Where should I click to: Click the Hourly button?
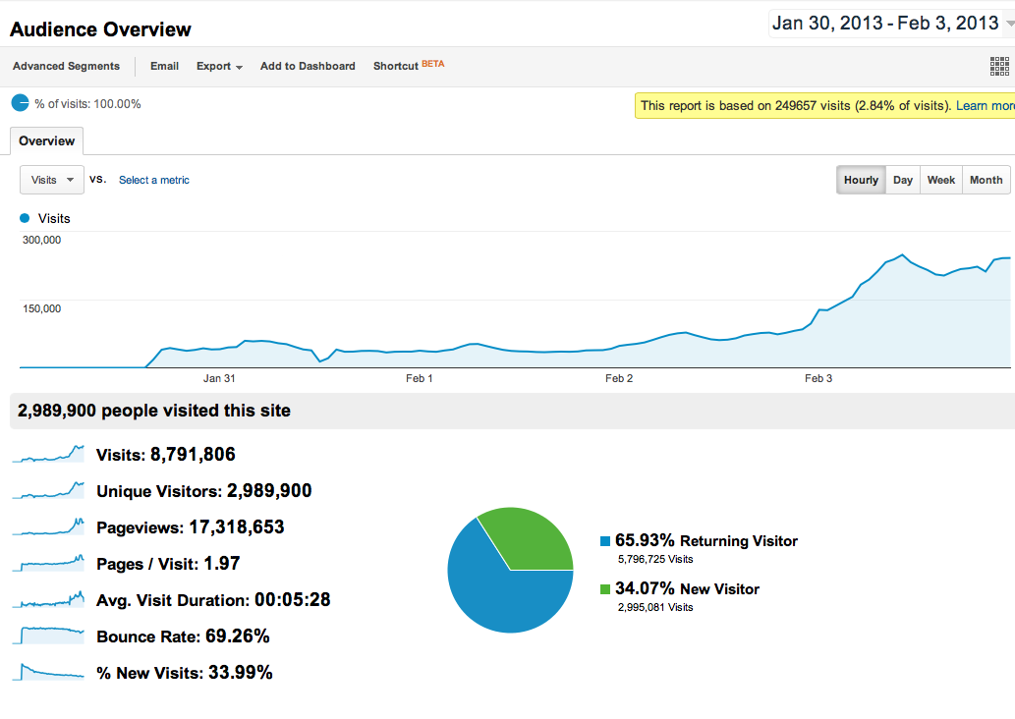click(861, 180)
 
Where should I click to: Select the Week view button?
click(940, 180)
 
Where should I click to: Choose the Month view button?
click(986, 180)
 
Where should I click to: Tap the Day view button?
click(902, 180)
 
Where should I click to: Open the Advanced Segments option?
click(66, 66)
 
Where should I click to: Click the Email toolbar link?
click(164, 66)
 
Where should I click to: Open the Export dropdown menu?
click(219, 66)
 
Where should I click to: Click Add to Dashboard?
click(308, 66)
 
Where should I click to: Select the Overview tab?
click(46, 140)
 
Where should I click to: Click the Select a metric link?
click(154, 180)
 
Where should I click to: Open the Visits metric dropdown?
click(52, 180)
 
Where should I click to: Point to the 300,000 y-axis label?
click(41, 240)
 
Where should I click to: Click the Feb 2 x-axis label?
click(619, 378)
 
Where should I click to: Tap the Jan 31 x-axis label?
click(219, 378)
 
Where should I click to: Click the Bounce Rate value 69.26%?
click(237, 636)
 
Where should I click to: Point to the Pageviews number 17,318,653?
click(237, 527)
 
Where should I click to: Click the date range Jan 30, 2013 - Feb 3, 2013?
click(885, 24)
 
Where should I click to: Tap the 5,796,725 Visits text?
click(655, 559)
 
